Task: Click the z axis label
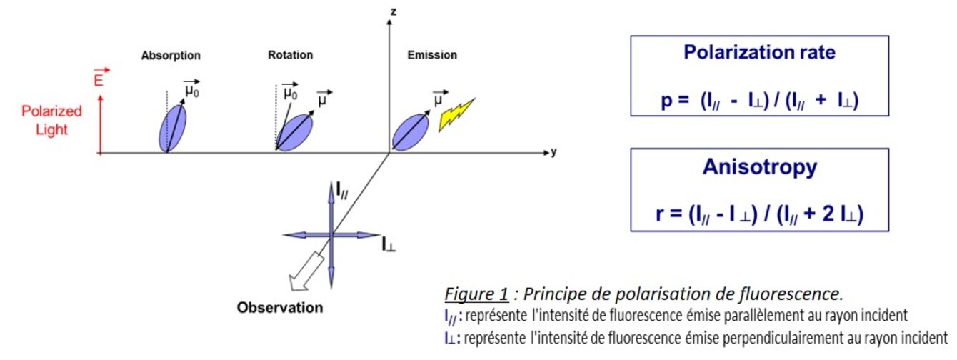coord(392,11)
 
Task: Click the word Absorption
coord(171,55)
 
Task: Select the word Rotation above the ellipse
coord(290,55)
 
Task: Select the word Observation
coord(280,308)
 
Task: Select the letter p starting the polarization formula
coord(665,101)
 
